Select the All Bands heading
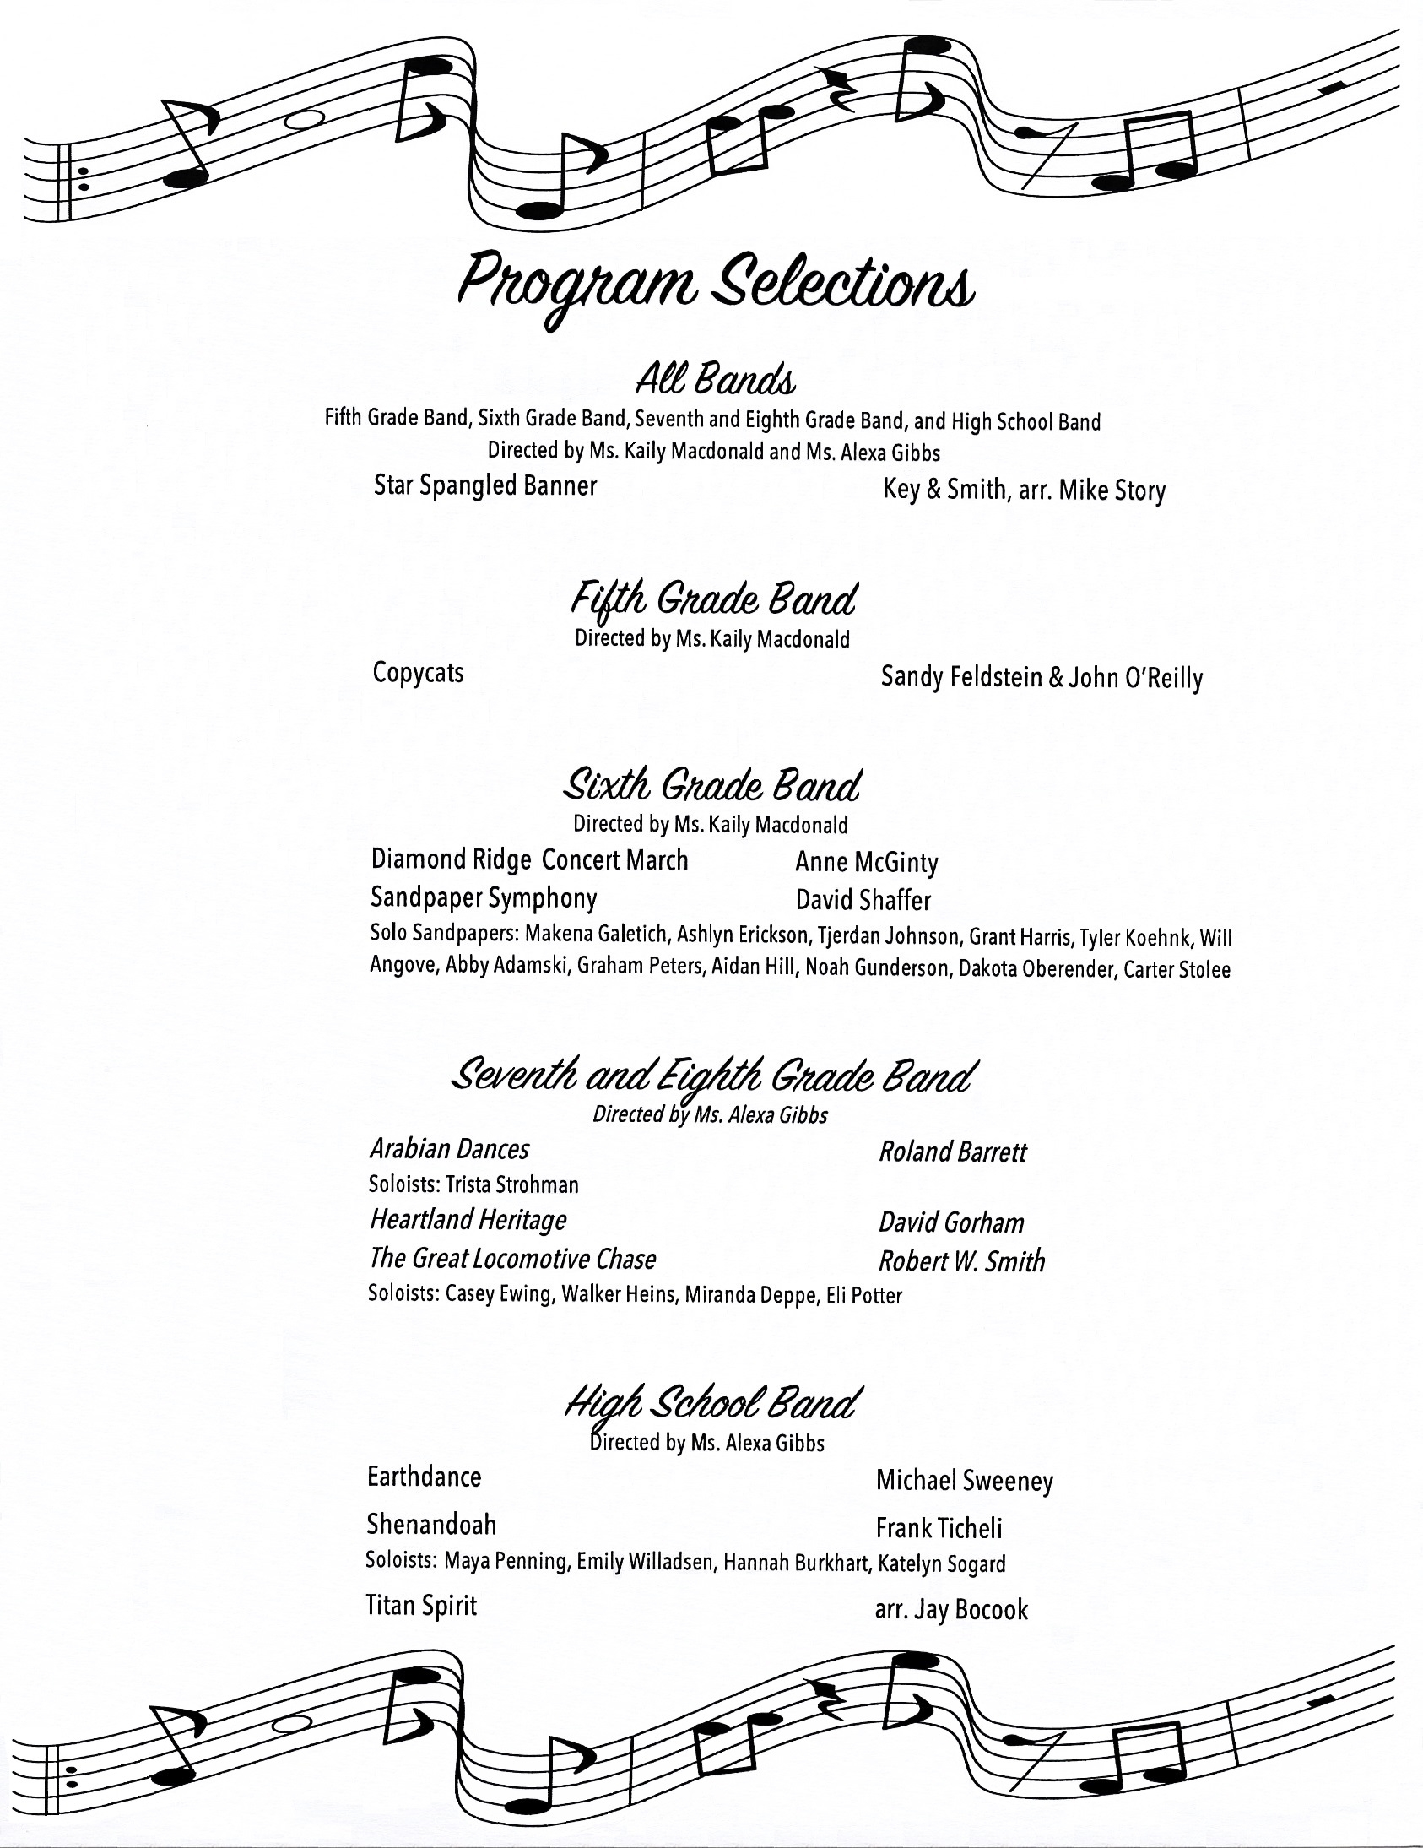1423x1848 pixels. (716, 380)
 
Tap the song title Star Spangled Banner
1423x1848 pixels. (484, 485)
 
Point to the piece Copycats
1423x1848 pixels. (418, 673)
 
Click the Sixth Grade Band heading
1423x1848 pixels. (711, 785)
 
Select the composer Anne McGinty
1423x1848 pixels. (866, 862)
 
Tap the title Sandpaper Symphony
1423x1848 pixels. (483, 897)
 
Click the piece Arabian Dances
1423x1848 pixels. (449, 1149)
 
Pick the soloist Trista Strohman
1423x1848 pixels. (511, 1184)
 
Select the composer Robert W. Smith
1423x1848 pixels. (961, 1261)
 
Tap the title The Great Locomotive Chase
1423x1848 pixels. (512, 1259)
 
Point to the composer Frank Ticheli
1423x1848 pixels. (939, 1528)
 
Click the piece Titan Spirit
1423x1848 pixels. (420, 1605)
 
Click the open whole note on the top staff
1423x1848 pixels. (304, 120)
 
